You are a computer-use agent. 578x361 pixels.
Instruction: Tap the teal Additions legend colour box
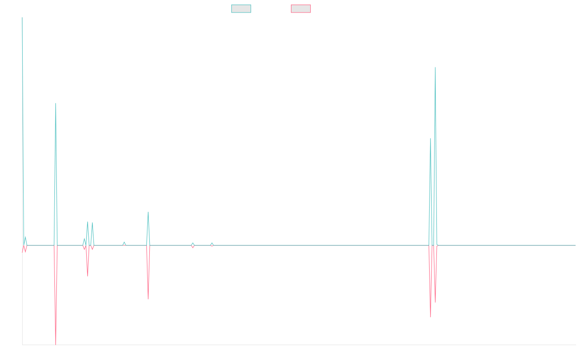241,9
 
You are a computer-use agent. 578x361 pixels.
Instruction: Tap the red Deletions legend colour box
301,9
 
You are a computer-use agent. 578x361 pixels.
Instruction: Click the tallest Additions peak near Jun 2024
435,67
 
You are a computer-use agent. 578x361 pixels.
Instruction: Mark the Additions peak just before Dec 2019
56,103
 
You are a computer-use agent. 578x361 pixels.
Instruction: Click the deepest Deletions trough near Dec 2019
56,344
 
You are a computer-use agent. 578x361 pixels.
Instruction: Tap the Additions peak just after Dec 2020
148,212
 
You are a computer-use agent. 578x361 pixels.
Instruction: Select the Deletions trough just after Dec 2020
148,299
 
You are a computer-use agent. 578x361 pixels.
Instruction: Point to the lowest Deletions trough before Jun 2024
431,317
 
